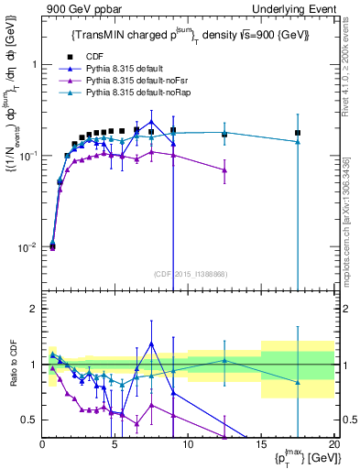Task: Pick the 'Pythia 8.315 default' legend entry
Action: [137, 69]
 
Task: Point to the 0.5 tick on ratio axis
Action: [28, 420]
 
